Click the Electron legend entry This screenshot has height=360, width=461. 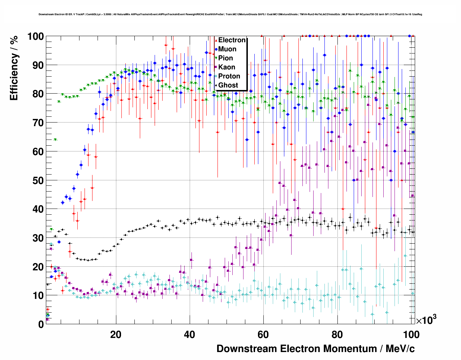pos(232,40)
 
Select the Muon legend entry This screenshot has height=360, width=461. pos(227,49)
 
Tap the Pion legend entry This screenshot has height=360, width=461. pos(225,58)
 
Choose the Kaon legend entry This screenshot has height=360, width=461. pos(227,67)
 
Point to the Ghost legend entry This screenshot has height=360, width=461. pos(228,85)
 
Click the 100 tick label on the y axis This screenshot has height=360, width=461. pos(35,37)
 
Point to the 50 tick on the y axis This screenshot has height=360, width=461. pos(38,180)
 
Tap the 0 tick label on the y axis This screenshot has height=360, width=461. pos(40,324)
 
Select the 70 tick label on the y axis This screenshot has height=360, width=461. pos(38,123)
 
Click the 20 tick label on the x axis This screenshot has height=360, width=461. pos(116,335)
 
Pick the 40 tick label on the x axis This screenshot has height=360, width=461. pos(189,335)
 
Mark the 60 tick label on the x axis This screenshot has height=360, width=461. pos(263,335)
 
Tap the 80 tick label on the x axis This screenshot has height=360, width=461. pos(337,335)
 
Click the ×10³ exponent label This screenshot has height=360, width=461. pos(426,320)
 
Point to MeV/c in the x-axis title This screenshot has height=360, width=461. pos(400,349)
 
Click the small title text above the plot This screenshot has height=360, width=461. pos(230,14)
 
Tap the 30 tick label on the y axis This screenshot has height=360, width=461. pos(38,238)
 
